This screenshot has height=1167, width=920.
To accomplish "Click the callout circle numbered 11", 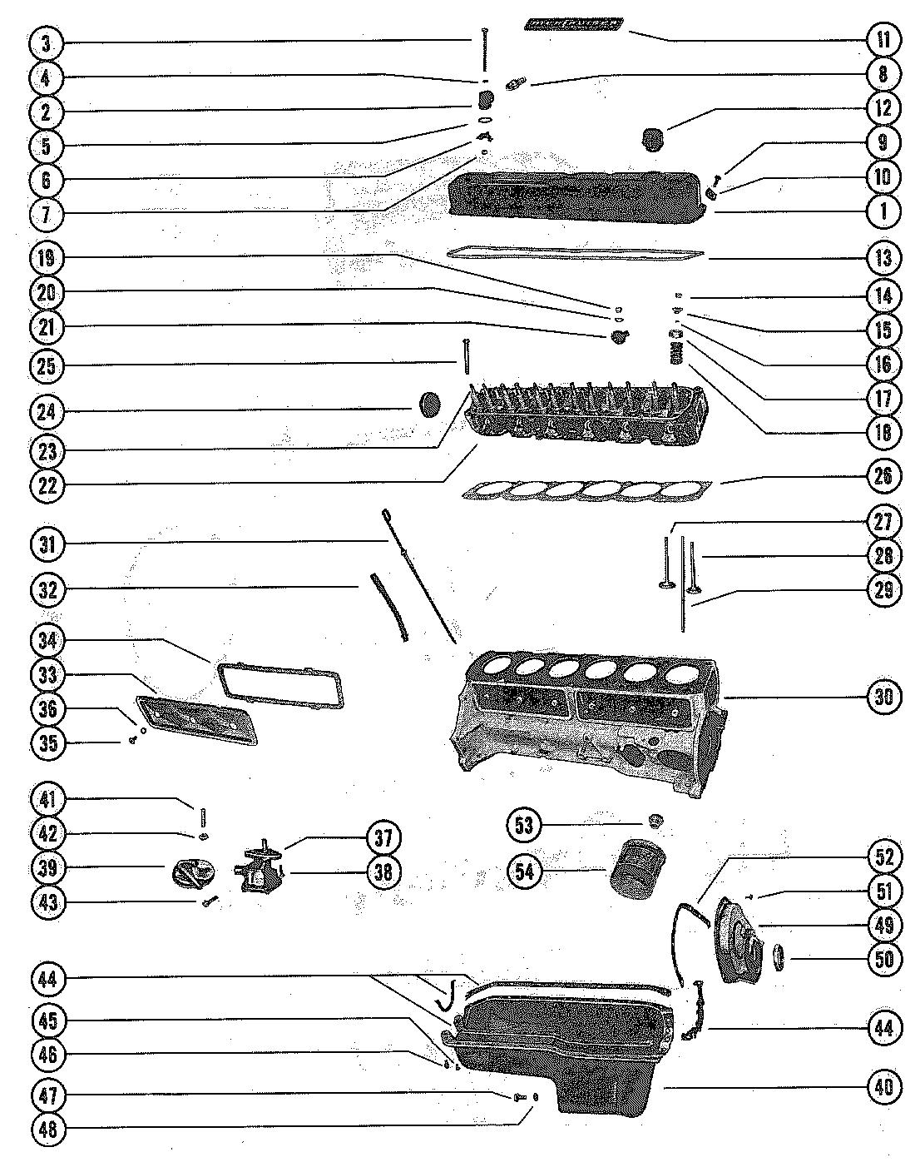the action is (883, 40).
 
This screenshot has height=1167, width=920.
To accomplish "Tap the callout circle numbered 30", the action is (883, 696).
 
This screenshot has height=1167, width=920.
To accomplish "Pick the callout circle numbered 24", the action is (48, 411).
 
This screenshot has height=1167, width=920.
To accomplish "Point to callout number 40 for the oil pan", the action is (883, 1087).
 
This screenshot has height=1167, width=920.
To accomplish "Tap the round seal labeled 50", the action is (782, 957).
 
